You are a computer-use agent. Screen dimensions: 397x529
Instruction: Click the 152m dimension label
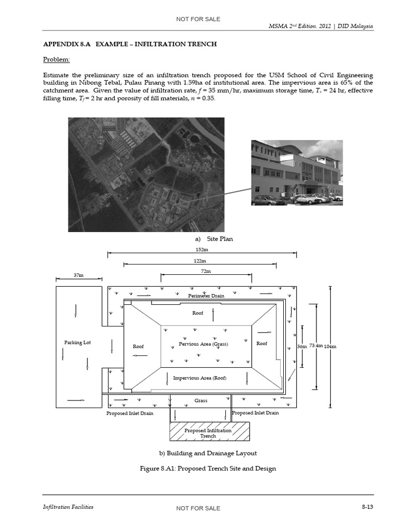tap(202, 249)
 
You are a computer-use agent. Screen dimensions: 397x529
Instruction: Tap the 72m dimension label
tap(206, 271)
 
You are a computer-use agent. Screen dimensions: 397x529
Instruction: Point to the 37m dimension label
tap(78, 275)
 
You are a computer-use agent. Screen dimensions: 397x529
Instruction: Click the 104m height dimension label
tap(330, 346)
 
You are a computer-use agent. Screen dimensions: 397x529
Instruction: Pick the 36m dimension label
tap(302, 346)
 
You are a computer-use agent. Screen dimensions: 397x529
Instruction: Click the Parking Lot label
tap(78, 343)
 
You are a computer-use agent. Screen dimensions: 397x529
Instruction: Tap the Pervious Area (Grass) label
tap(203, 344)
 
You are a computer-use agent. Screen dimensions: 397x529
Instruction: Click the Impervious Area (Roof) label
tap(200, 378)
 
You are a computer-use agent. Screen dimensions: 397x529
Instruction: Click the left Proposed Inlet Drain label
tap(130, 413)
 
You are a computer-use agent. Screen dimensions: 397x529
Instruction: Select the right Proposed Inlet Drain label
tap(255, 413)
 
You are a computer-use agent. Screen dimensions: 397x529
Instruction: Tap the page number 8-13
tap(367, 507)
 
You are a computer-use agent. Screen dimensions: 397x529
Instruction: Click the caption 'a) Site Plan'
tap(214, 239)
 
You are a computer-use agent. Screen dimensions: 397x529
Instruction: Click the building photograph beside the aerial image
tap(297, 173)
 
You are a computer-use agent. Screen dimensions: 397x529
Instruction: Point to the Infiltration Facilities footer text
tap(68, 507)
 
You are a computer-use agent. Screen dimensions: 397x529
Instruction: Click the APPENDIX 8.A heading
tap(130, 44)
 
